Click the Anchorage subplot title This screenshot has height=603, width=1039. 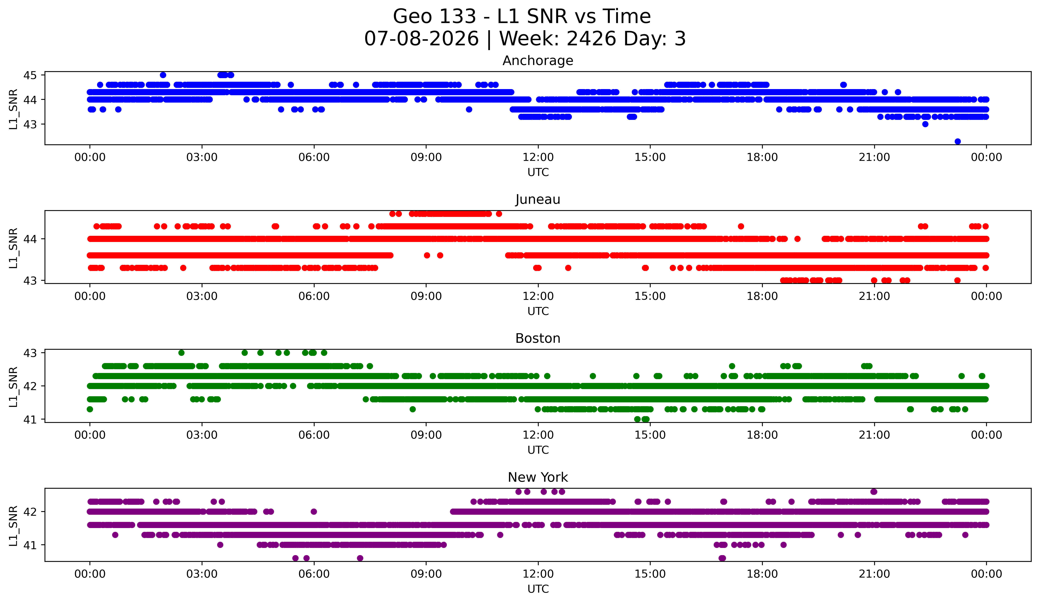click(538, 61)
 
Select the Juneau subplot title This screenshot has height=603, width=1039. click(538, 199)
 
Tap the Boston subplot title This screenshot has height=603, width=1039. click(538, 338)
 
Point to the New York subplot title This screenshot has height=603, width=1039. click(538, 477)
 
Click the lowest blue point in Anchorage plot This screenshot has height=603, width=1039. click(958, 141)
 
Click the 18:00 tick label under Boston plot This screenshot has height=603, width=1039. click(762, 435)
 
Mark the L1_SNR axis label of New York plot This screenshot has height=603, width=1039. click(13, 526)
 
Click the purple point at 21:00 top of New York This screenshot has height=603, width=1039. click(874, 492)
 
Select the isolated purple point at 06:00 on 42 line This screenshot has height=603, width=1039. click(314, 512)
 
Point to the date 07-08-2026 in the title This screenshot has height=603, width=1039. click(421, 39)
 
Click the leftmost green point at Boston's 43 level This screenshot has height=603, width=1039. click(181, 353)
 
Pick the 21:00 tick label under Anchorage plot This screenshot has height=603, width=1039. click(874, 157)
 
